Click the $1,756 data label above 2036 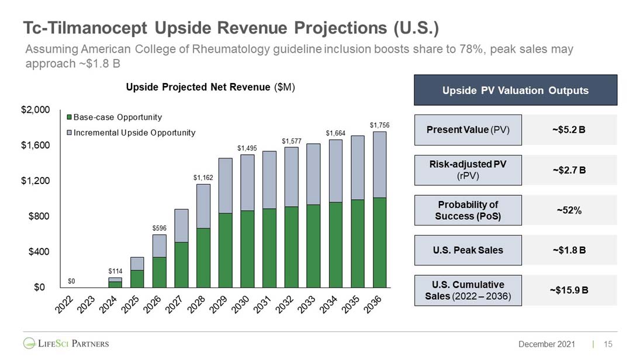point(379,125)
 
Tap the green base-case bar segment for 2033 point(313,245)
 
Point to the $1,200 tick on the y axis point(36,181)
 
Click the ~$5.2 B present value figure point(568,130)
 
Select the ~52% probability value point(568,210)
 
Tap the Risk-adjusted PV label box point(468,169)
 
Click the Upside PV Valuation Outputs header point(515,91)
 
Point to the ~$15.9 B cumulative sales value point(568,290)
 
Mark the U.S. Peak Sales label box point(468,250)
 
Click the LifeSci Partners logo point(66,342)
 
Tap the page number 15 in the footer point(608,344)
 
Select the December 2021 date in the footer point(546,344)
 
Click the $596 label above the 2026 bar point(159,227)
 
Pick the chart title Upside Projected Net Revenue point(210,87)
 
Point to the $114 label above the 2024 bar point(116,271)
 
